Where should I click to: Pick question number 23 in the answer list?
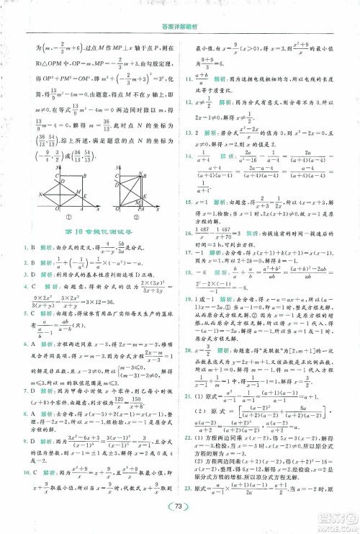(x=188, y=487)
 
